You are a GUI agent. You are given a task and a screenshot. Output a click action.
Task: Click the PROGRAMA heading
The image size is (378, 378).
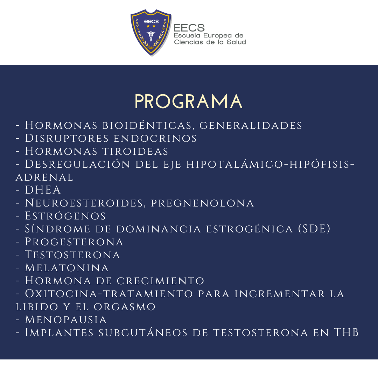pos(188,101)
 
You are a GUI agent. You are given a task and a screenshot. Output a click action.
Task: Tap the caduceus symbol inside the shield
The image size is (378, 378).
pos(151,36)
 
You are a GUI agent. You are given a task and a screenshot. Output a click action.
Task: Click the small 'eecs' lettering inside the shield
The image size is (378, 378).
pos(152,21)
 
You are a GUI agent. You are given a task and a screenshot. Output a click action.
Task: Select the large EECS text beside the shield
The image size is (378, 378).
pos(189,28)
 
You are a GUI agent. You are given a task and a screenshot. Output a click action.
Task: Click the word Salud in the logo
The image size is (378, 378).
pos(236,42)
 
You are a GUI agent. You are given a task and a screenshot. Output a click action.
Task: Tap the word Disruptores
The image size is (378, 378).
pos(67,138)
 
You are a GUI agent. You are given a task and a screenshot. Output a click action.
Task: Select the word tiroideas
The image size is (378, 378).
pos(135,152)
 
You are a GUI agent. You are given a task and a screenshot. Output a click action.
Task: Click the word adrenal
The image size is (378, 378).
pos(44,177)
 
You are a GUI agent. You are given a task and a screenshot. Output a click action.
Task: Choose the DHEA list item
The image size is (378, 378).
pos(38,190)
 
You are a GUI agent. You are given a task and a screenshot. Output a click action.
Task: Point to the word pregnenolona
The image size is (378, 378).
pos(203,203)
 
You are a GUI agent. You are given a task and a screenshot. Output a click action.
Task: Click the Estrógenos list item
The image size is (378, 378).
pos(61,216)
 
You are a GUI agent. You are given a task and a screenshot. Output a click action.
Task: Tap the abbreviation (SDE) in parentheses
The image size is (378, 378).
pos(314,229)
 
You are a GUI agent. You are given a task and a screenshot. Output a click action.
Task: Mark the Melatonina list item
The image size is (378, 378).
pos(62,268)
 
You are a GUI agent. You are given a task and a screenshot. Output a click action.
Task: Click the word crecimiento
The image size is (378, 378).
pos(161,281)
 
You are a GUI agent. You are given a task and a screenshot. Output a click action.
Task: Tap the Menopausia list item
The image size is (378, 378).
pos(61,320)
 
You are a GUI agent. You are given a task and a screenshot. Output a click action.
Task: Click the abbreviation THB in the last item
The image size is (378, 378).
pos(346,332)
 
